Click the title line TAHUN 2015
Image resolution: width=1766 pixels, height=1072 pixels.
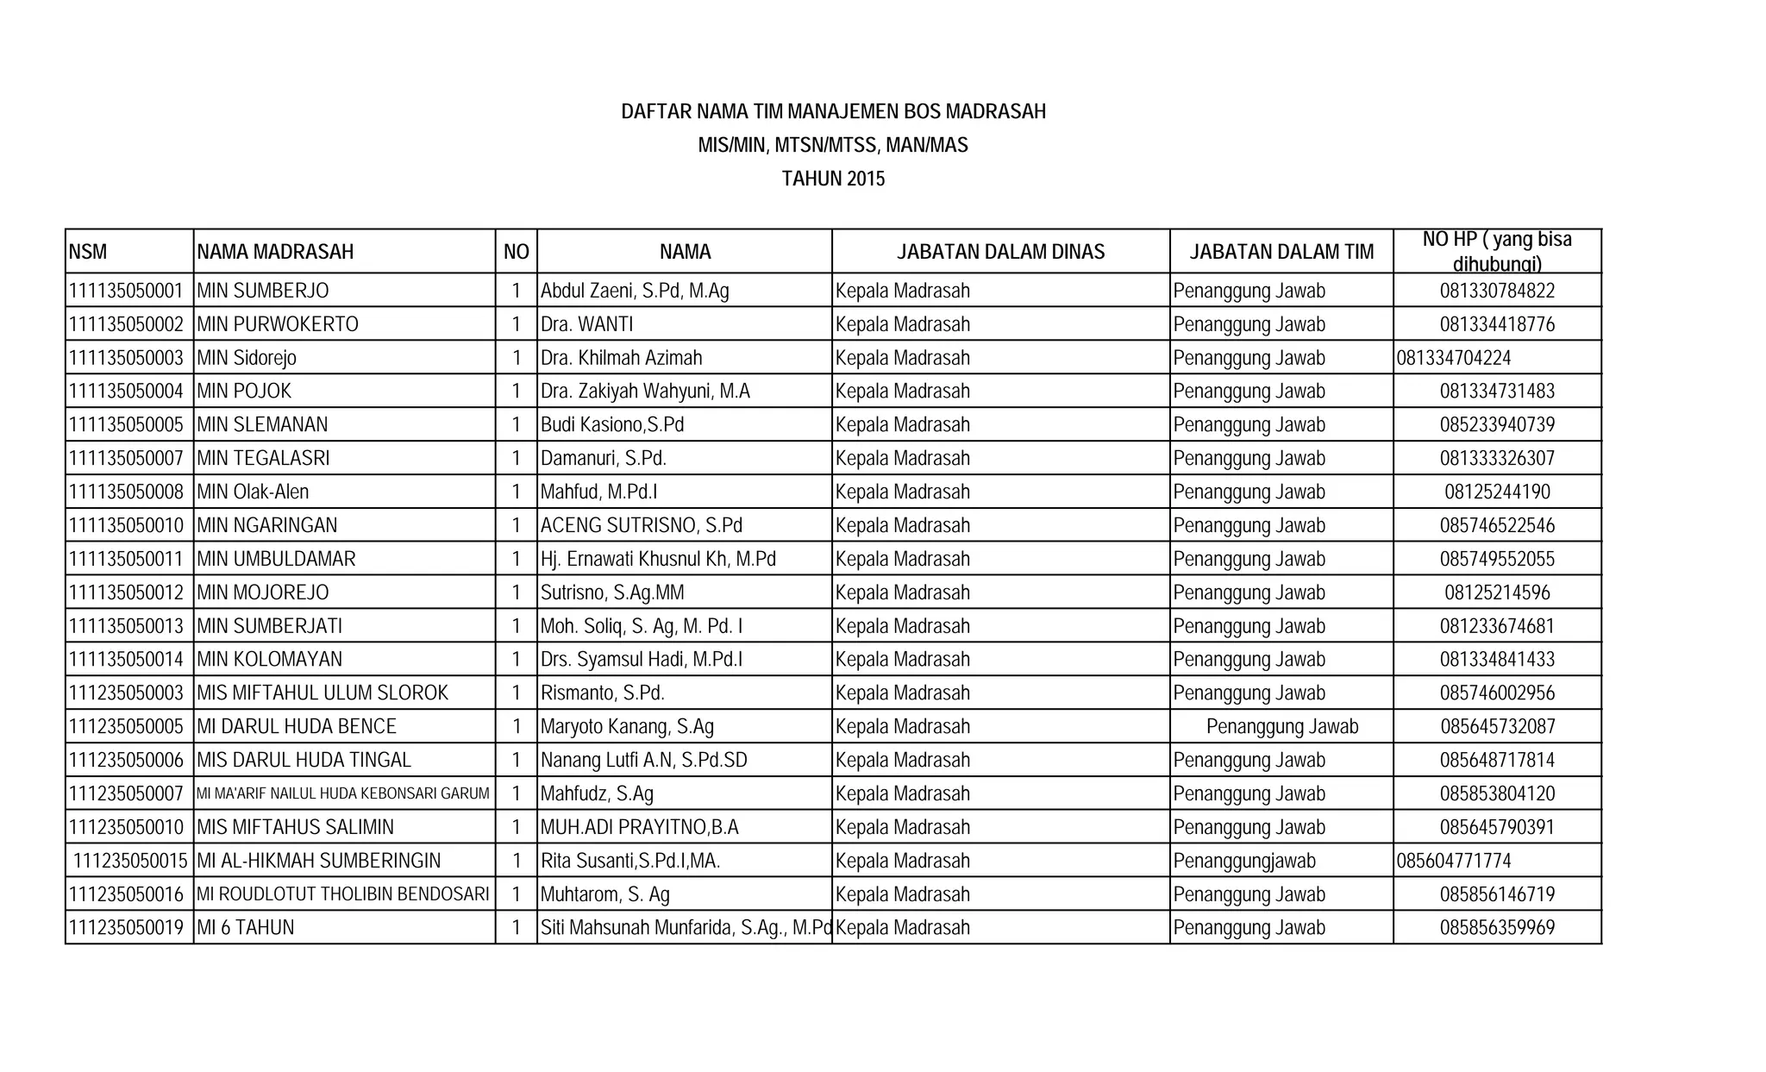(833, 179)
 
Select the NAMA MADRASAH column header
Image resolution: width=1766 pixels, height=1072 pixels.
(275, 252)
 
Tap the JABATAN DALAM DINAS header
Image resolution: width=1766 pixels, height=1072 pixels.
(1000, 252)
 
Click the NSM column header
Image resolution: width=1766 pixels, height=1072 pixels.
(88, 252)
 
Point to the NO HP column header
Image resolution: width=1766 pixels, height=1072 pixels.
(1497, 251)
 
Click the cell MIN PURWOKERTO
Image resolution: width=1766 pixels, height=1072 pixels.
(278, 324)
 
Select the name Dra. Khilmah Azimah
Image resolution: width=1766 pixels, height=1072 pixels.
(621, 358)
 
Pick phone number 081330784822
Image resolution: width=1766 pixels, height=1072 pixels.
(1497, 291)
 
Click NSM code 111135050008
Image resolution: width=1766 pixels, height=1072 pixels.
(126, 492)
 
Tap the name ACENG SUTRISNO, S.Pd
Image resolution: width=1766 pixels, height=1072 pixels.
(641, 525)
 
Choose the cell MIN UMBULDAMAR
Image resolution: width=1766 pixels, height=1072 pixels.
(276, 559)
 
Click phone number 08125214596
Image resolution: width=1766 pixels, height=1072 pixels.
(1497, 592)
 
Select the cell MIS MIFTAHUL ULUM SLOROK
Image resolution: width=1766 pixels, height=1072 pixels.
(323, 693)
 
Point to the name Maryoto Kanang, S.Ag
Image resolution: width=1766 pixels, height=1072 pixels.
(627, 726)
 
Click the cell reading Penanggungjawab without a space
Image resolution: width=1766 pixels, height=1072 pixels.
(1244, 861)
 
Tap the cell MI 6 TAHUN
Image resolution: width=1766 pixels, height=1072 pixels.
(246, 928)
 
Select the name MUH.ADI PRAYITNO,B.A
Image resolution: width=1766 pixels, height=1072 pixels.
(639, 827)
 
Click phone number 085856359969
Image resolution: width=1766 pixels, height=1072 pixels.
(1497, 928)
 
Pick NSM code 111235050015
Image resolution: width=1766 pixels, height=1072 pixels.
(130, 861)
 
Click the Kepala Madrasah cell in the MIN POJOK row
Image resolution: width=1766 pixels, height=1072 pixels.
(902, 392)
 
